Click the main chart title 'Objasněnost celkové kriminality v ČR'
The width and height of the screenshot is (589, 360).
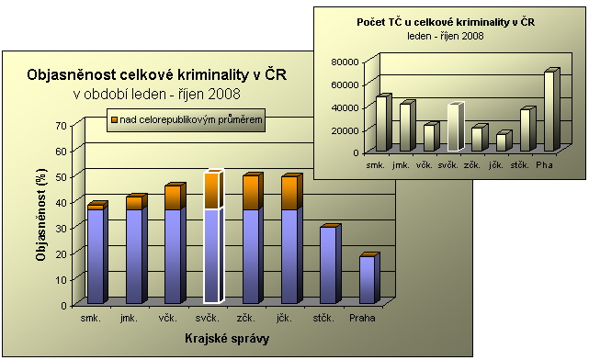[157, 75]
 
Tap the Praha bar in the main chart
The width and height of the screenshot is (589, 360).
[367, 280]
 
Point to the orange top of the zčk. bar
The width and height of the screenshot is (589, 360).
[251, 193]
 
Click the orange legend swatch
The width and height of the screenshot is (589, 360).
[114, 120]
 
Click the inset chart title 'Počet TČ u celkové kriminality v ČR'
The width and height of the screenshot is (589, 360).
[447, 20]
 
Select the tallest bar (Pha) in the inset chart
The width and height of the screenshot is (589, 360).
[549, 111]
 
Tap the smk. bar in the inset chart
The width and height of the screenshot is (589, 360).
[381, 124]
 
